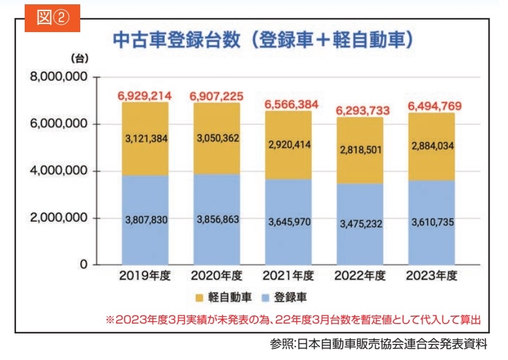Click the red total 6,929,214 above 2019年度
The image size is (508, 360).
pos(145,96)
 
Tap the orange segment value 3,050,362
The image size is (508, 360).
pos(217,138)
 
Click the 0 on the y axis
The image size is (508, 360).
pos(82,265)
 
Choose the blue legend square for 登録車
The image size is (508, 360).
pos(262,298)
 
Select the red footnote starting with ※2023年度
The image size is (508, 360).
pos(293,320)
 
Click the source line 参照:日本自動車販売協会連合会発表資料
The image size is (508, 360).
pos(379,345)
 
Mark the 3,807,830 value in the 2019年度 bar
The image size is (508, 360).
pos(145,220)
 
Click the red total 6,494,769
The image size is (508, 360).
pos(435,106)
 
